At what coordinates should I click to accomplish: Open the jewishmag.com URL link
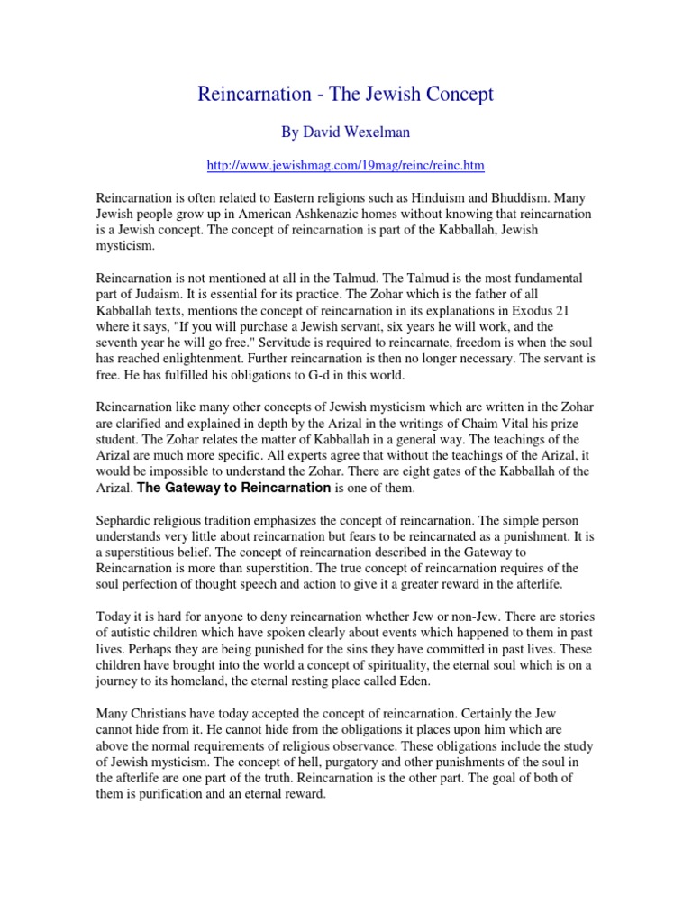click(345, 166)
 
